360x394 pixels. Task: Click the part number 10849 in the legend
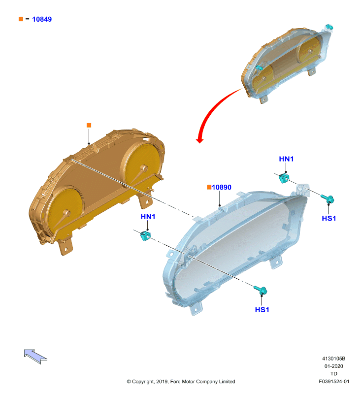click(42, 19)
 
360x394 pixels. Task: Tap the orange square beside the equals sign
click(21, 19)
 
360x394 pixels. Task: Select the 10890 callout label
click(221, 187)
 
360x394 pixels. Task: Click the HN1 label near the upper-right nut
click(286, 159)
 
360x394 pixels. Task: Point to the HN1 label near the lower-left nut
click(148, 217)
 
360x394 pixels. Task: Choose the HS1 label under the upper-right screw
click(329, 218)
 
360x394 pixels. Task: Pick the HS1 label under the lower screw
click(262, 310)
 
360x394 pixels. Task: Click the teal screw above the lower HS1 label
click(261, 290)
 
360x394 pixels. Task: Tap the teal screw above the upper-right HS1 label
click(327, 199)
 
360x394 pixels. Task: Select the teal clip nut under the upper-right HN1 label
click(284, 178)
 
